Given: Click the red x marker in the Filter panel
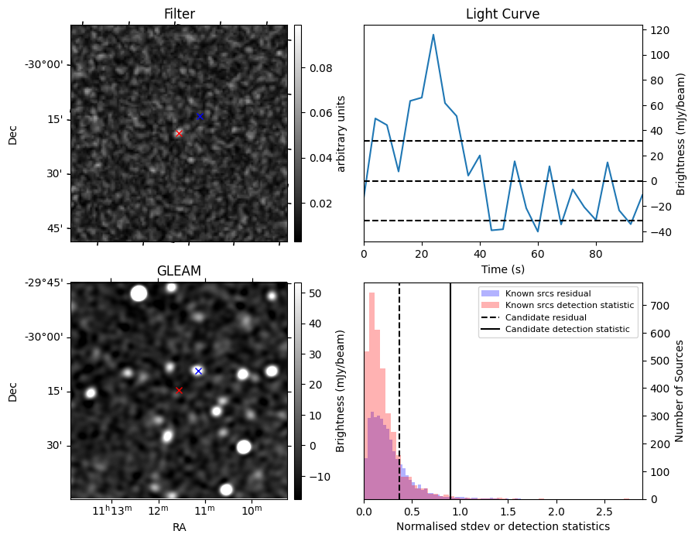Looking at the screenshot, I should (179, 133).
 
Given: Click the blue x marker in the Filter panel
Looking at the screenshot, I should (200, 117).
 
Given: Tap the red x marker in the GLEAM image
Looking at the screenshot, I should (179, 390).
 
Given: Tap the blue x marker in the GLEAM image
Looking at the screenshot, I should (198, 371).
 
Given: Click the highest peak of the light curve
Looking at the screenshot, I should (433, 35).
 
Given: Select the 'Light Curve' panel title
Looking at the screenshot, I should (502, 15).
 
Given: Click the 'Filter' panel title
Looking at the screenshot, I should (179, 15).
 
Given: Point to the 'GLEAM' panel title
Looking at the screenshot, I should (179, 271).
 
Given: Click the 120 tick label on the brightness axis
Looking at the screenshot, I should (660, 30).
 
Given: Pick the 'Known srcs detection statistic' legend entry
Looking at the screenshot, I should (569, 306).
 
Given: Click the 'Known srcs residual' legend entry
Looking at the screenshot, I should (547, 294).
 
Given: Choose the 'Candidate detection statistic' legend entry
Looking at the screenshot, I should (567, 330).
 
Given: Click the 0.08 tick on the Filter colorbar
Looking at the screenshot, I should (321, 68).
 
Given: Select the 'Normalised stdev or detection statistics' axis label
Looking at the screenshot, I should (502, 526).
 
